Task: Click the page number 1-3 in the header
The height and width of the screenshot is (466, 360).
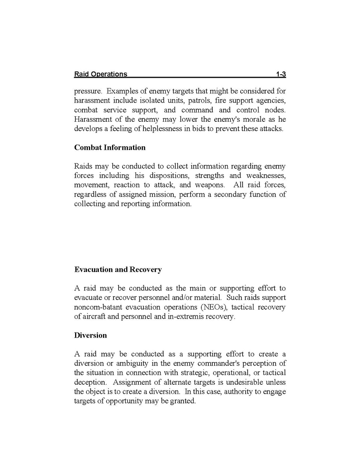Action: [281, 74]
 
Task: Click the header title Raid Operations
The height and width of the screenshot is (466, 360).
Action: [101, 74]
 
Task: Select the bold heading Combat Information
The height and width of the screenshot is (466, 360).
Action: [110, 147]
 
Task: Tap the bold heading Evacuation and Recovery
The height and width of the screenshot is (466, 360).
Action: [118, 270]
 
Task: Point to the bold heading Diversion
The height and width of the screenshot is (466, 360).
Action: [90, 335]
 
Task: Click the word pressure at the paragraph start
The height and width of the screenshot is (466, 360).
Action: [88, 91]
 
